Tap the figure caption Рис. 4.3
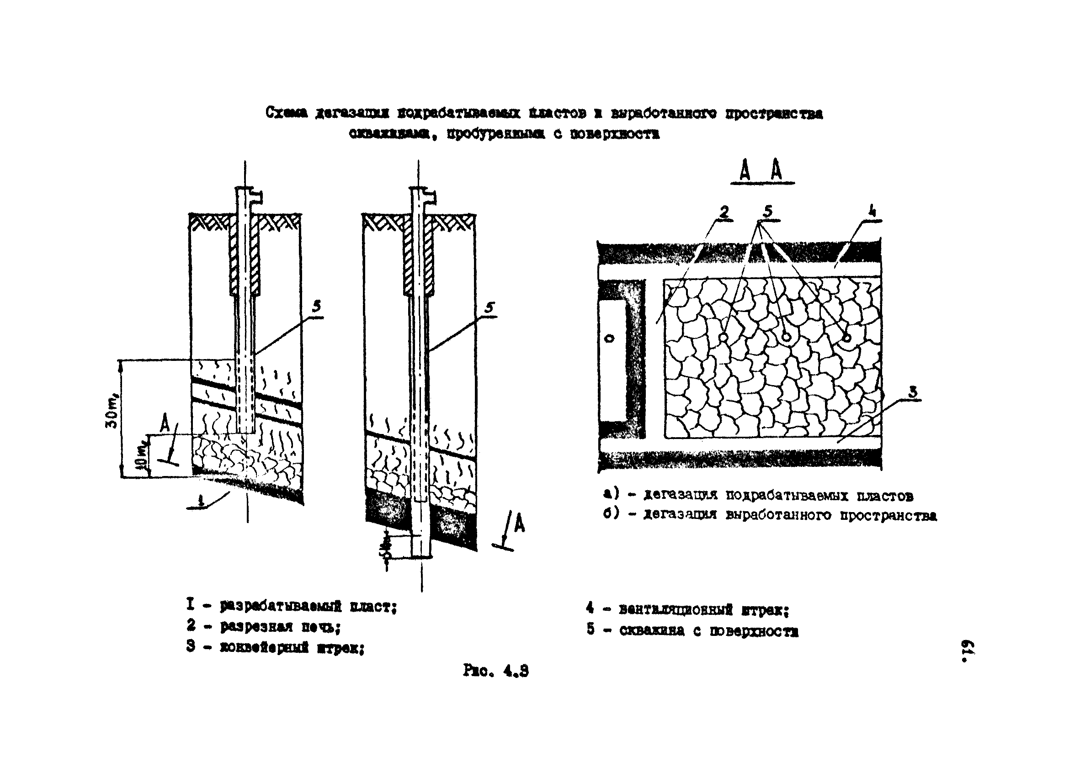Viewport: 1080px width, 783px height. point(495,671)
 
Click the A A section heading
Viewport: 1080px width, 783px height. point(761,170)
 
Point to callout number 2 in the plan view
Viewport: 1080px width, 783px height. point(724,212)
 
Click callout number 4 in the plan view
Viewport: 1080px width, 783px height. point(872,212)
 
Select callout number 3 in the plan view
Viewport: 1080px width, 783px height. point(912,392)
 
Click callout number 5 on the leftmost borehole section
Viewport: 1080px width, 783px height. point(316,307)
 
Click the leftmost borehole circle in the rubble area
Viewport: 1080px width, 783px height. point(723,337)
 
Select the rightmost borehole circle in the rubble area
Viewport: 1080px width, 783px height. point(846,338)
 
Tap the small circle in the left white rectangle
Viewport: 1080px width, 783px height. point(610,339)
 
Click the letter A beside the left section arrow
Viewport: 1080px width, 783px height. point(165,423)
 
